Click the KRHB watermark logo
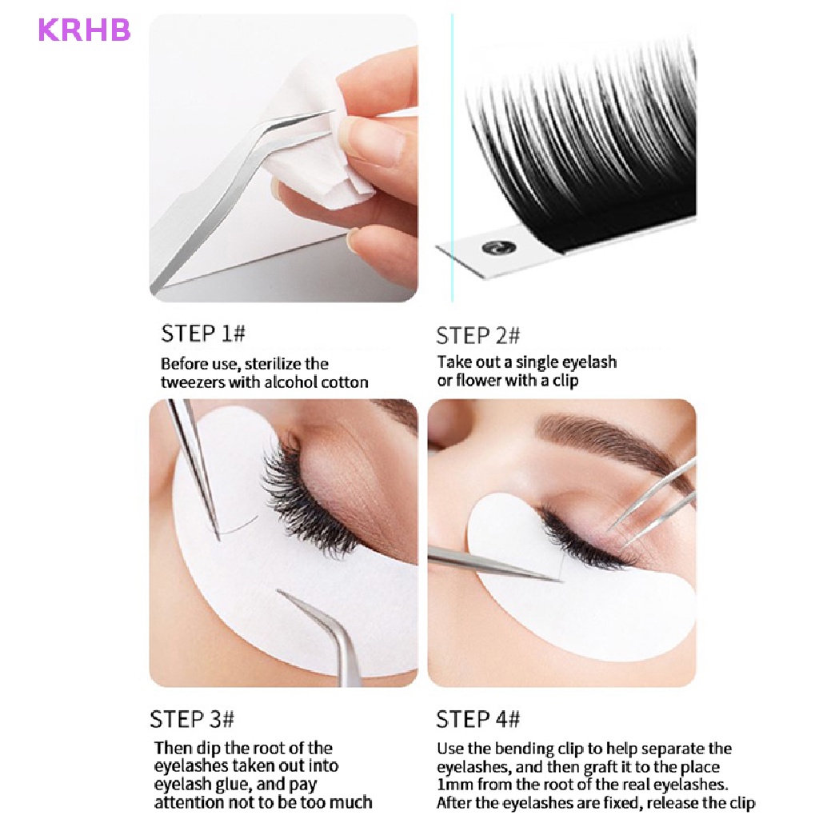coord(84,31)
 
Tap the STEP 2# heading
coord(478,335)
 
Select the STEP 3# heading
coord(192,718)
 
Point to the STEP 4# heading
coord(478,719)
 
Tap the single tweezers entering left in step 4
coord(488,564)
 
